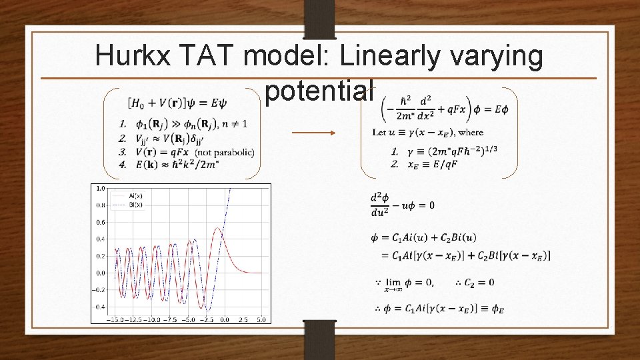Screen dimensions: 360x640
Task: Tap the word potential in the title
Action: (x=319, y=92)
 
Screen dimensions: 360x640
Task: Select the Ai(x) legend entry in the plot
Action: (x=137, y=197)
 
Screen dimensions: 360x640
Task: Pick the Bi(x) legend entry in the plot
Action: (x=137, y=205)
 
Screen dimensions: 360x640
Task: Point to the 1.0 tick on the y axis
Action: (x=101, y=188)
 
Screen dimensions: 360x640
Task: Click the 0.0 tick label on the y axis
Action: (x=101, y=273)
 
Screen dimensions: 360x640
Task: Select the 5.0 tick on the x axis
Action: (x=261, y=319)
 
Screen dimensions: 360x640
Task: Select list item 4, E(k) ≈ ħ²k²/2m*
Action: (x=174, y=165)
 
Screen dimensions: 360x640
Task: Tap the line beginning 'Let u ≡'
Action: (x=427, y=132)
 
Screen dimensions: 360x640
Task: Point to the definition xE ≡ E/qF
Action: (x=436, y=163)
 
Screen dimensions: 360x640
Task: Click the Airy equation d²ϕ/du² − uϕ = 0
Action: (x=402, y=205)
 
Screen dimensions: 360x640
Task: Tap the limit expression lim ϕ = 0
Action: (x=405, y=284)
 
